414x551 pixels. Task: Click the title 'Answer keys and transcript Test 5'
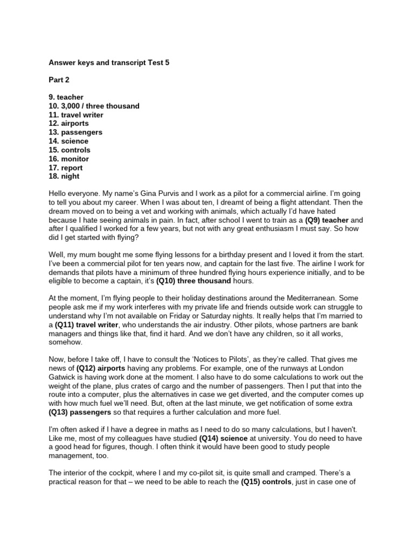pos(109,63)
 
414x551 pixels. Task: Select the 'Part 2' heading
pos(60,80)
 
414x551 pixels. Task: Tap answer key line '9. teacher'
pos(66,97)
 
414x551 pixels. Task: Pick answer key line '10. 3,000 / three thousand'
pos(94,106)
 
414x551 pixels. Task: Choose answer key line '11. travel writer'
pos(76,115)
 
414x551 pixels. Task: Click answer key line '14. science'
pos(68,141)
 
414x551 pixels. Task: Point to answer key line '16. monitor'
pos(69,159)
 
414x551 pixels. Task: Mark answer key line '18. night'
pos(64,176)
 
